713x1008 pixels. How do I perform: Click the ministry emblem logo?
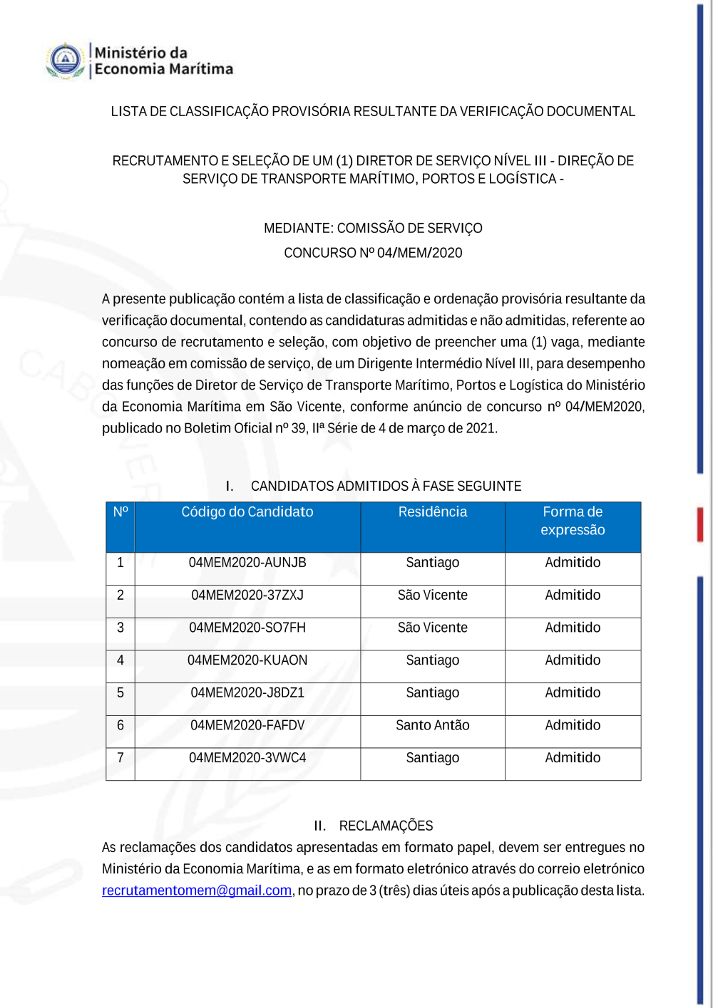66,61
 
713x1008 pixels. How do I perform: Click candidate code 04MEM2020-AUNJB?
247,563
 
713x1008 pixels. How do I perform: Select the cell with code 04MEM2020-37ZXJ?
247,596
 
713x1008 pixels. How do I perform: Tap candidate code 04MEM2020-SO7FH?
247,628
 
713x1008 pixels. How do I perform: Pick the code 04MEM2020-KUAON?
247,660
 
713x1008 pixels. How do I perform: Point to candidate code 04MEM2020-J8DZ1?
247,693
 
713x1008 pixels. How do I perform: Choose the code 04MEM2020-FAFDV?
247,726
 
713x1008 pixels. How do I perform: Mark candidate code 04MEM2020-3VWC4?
247,758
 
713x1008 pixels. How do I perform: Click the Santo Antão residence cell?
433,726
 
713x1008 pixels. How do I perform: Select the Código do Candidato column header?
247,512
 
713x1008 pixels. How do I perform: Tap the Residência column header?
433,512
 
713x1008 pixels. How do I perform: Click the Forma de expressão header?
573,521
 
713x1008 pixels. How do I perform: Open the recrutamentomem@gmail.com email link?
197,890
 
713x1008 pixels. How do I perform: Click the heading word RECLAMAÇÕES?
386,826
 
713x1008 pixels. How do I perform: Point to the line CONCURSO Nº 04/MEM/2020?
373,253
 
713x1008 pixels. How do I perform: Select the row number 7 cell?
120,758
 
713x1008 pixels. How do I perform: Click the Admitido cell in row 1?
573,563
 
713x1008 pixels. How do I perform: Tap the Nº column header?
120,512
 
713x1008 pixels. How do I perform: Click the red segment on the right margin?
700,524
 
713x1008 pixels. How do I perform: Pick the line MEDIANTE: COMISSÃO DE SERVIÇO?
373,229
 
